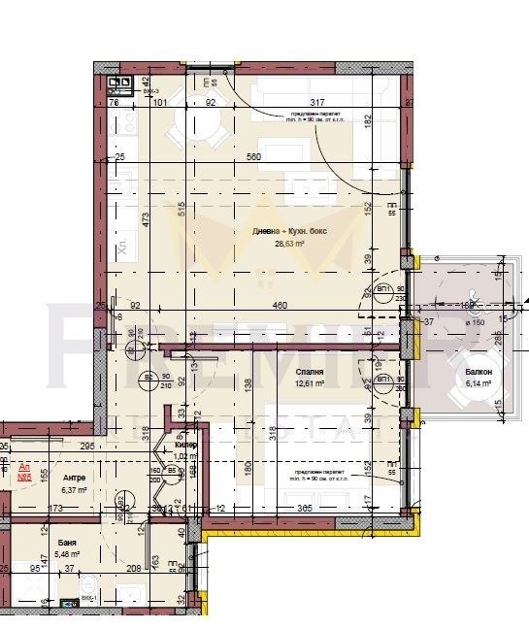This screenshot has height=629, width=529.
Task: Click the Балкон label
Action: pos(478,373)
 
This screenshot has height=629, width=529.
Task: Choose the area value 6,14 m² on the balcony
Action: pos(478,385)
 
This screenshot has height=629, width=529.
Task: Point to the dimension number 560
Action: pos(254,156)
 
